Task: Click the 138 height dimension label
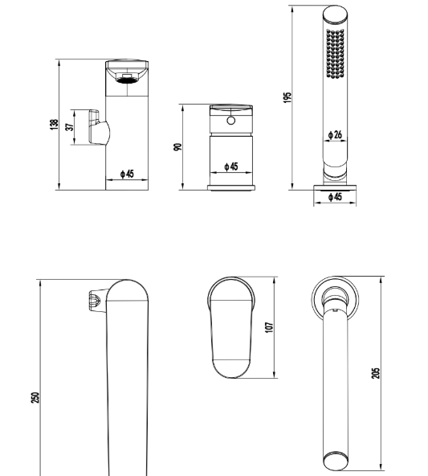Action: pyautogui.click(x=54, y=125)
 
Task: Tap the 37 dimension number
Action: pyautogui.click(x=69, y=126)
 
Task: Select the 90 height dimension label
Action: pyautogui.click(x=177, y=146)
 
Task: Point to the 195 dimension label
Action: pyautogui.click(x=287, y=97)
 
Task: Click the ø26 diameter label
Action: pyautogui.click(x=335, y=134)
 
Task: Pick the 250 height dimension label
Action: pyautogui.click(x=35, y=397)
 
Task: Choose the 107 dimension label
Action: pyautogui.click(x=269, y=327)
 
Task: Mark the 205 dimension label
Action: pyautogui.click(x=375, y=373)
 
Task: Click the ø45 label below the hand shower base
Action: pyautogui.click(x=335, y=197)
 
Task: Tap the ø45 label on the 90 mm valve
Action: pyautogui.click(x=231, y=166)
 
